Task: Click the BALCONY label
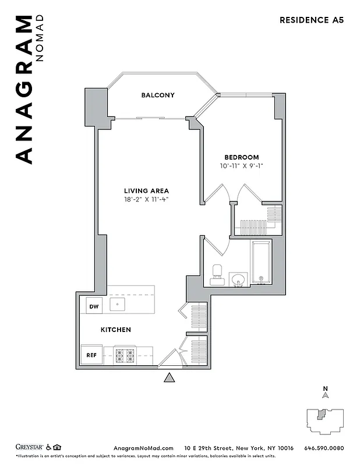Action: pos(157,95)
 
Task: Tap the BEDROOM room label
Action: pos(242,157)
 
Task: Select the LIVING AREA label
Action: pos(146,190)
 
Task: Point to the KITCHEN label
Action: pos(115,330)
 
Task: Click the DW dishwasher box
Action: pos(93,305)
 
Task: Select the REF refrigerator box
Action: pos(92,354)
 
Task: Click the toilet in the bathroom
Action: pos(217,273)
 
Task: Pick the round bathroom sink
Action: pos(237,281)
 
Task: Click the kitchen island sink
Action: pos(118,304)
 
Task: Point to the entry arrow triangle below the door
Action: pos(170,378)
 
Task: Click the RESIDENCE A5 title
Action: pos(312,19)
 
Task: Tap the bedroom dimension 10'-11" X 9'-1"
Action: pos(242,166)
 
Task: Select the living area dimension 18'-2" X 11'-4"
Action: pos(146,199)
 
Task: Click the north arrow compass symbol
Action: pos(326,393)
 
